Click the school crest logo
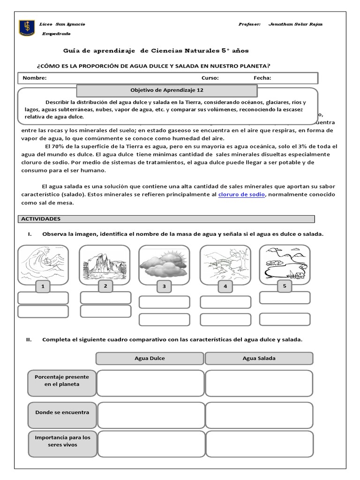click(x=26, y=28)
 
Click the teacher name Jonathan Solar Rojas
click(x=295, y=24)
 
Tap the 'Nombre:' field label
click(x=34, y=78)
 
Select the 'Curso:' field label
click(x=210, y=78)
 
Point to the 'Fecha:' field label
click(x=262, y=78)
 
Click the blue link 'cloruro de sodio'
click(x=242, y=194)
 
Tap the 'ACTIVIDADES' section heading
click(x=41, y=219)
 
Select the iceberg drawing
click(x=104, y=265)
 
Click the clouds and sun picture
click(x=164, y=265)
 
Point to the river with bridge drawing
click(x=225, y=265)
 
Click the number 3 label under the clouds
click(x=164, y=286)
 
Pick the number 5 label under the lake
click(x=284, y=285)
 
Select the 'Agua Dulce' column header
click(x=150, y=359)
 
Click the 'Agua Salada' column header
click(x=259, y=359)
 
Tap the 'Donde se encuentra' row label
click(x=62, y=412)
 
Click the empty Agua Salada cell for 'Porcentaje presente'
click(x=259, y=383)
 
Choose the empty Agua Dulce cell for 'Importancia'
click(x=151, y=444)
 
